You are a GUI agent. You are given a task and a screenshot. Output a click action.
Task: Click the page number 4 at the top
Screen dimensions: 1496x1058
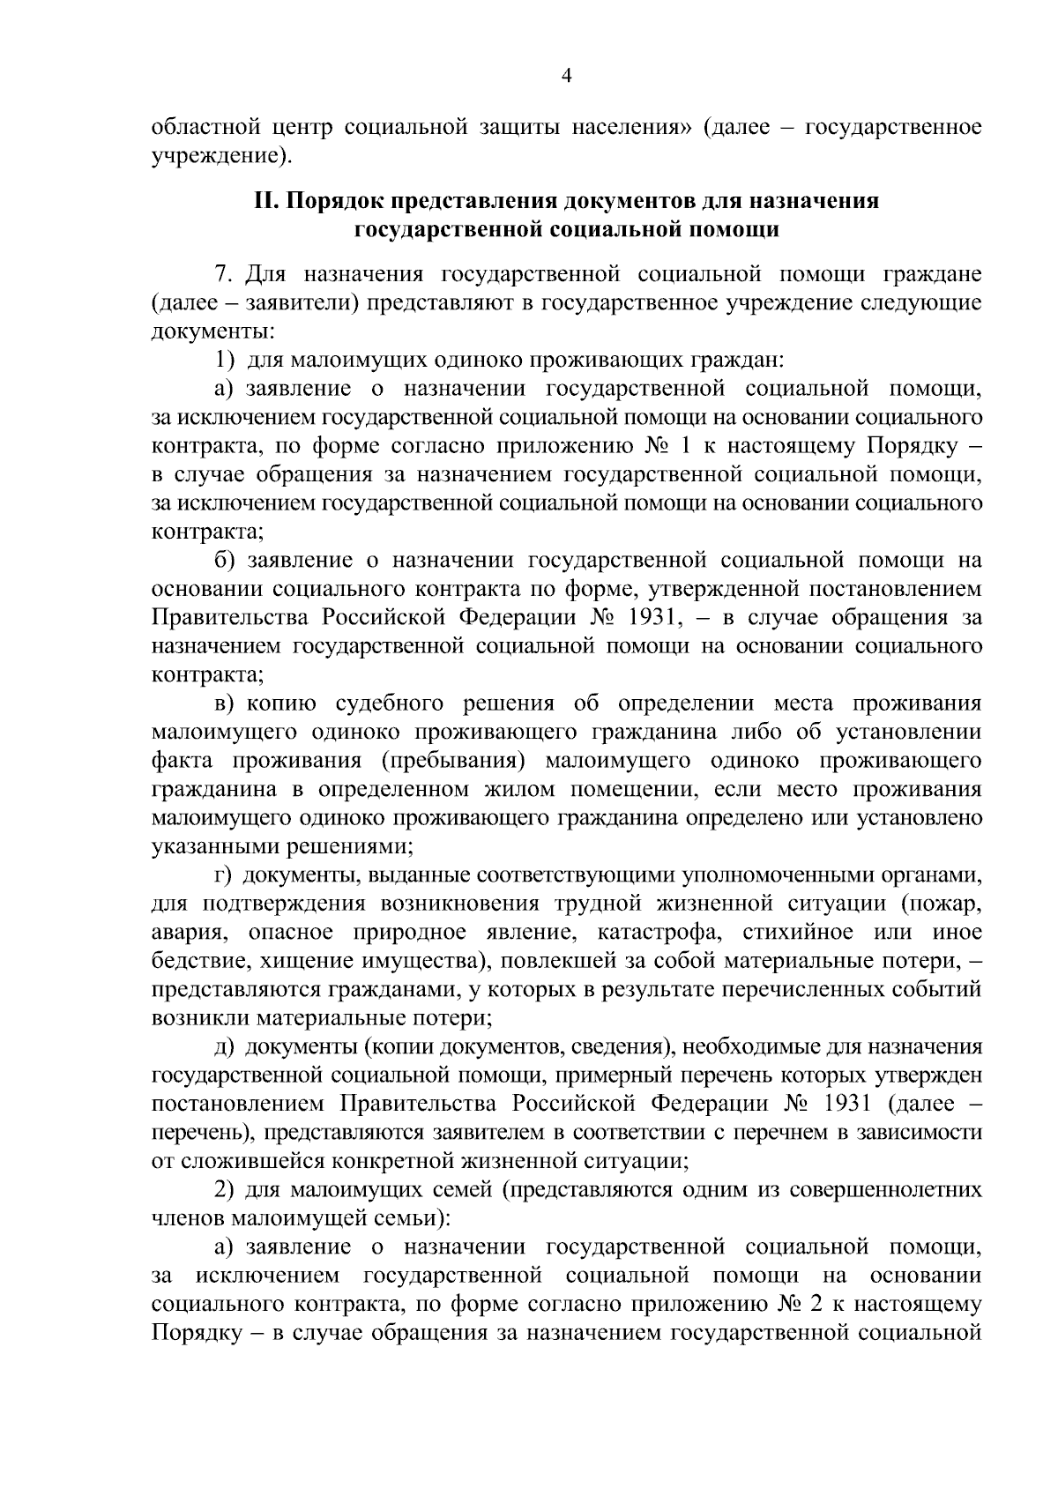coord(567,77)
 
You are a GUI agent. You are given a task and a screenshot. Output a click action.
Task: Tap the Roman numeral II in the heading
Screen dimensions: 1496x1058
coord(265,202)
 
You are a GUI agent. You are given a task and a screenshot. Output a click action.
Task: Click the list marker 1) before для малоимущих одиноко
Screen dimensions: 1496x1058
coord(226,361)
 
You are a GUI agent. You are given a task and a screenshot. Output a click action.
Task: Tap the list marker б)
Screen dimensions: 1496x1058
coord(226,561)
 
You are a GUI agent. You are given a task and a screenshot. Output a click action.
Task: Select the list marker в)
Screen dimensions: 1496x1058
coord(226,703)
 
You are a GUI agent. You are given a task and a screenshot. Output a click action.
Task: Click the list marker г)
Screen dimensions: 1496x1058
coord(225,875)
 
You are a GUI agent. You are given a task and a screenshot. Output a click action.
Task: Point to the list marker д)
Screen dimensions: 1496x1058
coord(226,1047)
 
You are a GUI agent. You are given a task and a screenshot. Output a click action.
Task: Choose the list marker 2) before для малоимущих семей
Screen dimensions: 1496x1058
coord(226,1190)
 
